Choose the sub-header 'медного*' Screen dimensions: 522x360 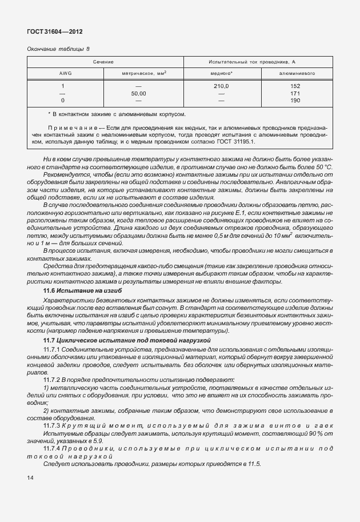pos(222,73)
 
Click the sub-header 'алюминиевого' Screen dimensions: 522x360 pos(295,73)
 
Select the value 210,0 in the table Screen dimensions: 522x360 pos(222,86)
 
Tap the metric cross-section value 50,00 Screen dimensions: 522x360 pos(139,93)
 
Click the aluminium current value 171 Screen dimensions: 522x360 pos(295,93)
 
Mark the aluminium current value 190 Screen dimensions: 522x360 pos(295,100)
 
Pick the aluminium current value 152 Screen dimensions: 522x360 pos(295,86)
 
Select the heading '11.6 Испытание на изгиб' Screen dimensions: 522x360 pos(83,290)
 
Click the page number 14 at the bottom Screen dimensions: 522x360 pos(31,476)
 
